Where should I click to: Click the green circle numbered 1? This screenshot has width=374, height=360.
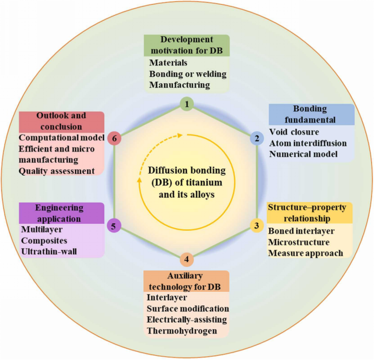click(186, 104)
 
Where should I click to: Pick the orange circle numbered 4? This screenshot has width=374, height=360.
click(186, 259)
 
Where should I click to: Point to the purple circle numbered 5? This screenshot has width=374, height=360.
click(113, 225)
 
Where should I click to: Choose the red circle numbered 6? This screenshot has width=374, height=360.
click(114, 138)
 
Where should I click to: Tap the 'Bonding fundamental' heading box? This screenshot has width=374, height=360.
click(311, 115)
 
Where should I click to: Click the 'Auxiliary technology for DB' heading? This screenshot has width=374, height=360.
click(186, 281)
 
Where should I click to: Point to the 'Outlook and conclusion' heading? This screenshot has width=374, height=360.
click(61, 121)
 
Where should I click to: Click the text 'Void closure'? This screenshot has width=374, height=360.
click(293, 132)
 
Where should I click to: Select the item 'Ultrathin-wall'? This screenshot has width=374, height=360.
click(50, 252)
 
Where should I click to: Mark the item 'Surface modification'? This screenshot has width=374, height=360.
click(188, 309)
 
